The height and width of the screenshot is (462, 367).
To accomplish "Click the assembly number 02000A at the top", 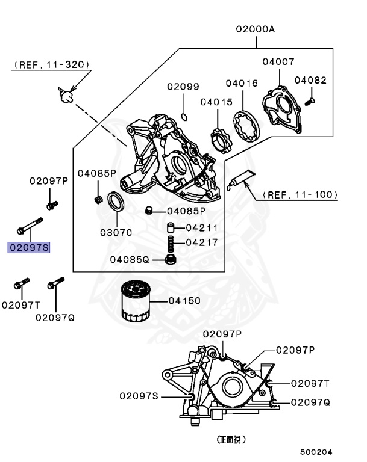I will coord(255,29).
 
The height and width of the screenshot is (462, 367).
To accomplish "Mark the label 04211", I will coord(202,228).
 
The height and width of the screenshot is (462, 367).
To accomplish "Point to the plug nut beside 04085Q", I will coord(171,259).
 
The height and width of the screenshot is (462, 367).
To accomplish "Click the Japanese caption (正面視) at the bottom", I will coord(231,440).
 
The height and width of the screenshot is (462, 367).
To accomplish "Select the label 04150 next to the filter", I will coord(184,300).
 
